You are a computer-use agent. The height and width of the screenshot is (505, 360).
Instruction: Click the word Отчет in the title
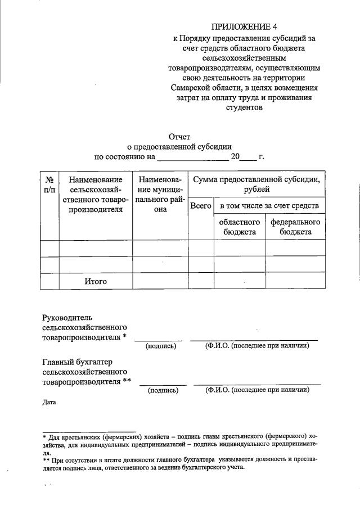(x=179, y=136)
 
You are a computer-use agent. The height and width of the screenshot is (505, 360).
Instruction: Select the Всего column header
(x=201, y=206)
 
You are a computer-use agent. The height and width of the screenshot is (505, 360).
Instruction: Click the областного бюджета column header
(x=239, y=227)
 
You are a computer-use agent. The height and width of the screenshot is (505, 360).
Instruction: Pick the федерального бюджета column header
(x=295, y=227)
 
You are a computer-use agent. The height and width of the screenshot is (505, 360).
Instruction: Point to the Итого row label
(x=96, y=281)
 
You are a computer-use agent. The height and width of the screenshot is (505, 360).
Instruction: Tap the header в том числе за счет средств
(x=269, y=206)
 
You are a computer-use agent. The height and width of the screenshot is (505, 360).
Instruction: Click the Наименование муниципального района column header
(x=160, y=195)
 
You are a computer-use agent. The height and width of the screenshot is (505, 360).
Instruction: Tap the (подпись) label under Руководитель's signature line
(x=161, y=346)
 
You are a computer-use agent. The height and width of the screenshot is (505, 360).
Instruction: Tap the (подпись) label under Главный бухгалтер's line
(x=163, y=390)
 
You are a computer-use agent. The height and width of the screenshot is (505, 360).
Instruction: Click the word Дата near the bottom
(x=49, y=403)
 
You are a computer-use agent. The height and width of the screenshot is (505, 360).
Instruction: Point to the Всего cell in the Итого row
(x=201, y=281)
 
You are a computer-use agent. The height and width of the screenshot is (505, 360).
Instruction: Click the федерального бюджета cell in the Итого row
(x=295, y=281)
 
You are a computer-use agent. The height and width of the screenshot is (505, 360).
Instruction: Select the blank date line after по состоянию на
(x=192, y=157)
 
